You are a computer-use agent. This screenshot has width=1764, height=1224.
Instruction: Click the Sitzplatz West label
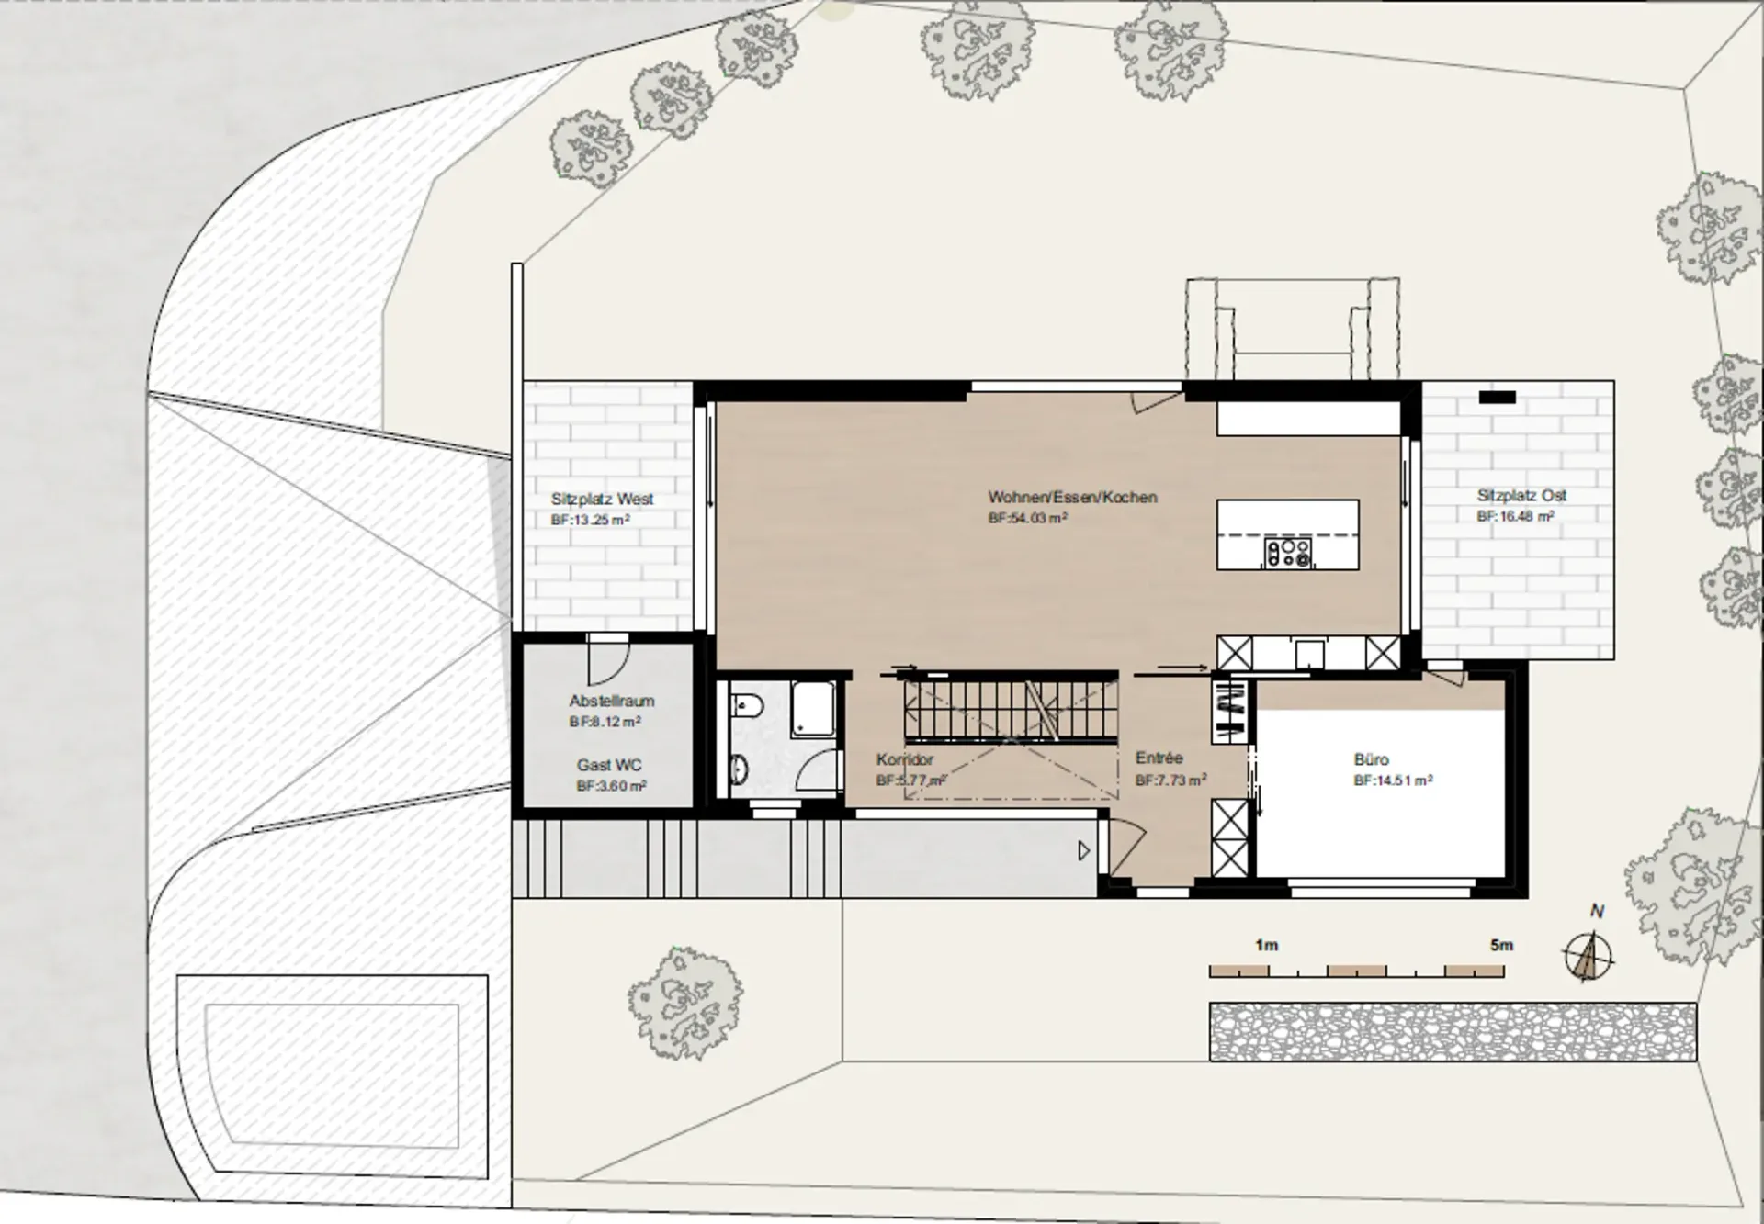[x=602, y=500]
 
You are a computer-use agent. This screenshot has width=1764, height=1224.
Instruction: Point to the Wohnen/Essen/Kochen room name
[x=1072, y=497]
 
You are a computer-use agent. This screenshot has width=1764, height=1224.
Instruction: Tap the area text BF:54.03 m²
[x=1027, y=519]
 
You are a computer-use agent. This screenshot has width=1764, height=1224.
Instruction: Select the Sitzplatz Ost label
[x=1521, y=496]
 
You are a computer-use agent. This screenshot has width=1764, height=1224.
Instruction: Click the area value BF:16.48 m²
[x=1515, y=517]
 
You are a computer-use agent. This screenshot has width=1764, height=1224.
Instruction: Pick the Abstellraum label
[x=612, y=702]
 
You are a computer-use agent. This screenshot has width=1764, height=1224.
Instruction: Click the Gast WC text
[x=609, y=765]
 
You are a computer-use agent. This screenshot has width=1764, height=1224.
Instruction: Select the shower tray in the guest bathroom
[x=814, y=708]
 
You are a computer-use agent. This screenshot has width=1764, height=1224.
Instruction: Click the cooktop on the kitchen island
[x=1288, y=552]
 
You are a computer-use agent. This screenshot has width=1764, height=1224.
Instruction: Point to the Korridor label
[x=905, y=759]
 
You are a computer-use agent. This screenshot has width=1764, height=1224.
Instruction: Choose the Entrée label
[x=1159, y=758]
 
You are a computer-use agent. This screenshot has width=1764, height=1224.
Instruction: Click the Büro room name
[x=1371, y=759]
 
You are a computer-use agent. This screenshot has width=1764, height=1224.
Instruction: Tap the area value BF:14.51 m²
[x=1393, y=781]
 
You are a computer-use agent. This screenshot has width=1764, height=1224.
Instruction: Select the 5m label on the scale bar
[x=1501, y=945]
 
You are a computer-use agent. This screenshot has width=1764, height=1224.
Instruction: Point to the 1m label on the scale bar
[x=1266, y=945]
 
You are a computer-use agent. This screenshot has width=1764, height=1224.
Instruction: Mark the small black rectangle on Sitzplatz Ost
[x=1498, y=398]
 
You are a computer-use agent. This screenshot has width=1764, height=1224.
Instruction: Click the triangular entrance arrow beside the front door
[x=1084, y=851]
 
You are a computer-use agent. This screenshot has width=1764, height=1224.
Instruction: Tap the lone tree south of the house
[x=685, y=1003]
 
